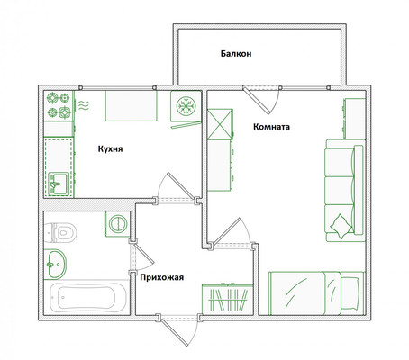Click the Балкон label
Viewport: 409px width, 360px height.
click(236, 54)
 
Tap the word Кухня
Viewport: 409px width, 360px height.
click(110, 148)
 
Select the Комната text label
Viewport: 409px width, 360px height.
click(271, 127)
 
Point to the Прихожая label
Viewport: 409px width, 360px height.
click(162, 277)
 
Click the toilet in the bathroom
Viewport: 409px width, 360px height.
click(60, 232)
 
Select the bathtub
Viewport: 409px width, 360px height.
click(87, 298)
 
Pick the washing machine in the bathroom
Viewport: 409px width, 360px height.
click(117, 224)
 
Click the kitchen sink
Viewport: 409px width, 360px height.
click(58, 184)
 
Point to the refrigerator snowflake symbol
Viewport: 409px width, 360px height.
click(186, 106)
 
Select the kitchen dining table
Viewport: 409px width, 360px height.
click(131, 105)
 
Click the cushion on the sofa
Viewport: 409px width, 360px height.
click(341, 227)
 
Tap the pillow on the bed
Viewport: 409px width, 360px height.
click(350, 293)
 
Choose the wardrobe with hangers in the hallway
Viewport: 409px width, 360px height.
click(227, 299)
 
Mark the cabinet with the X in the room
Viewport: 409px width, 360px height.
click(220, 124)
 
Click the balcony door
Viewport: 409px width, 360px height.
click(256, 101)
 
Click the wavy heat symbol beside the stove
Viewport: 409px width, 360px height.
click(84, 105)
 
